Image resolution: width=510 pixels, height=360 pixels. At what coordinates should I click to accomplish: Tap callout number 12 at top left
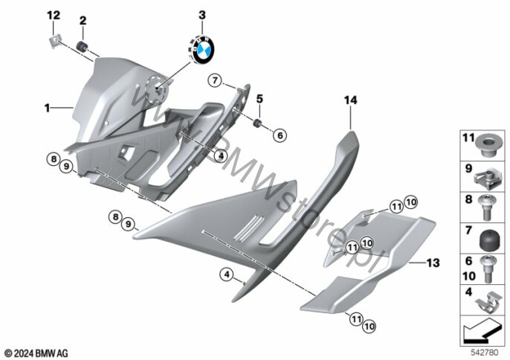pos(51,15)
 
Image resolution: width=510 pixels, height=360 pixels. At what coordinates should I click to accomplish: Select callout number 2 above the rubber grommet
pos(83,19)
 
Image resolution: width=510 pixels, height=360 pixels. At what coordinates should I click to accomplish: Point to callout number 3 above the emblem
pos(200,15)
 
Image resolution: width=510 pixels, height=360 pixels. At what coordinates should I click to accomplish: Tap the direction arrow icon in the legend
pos(482,328)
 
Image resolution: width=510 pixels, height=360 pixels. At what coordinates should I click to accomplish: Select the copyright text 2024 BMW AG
pos(36,351)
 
